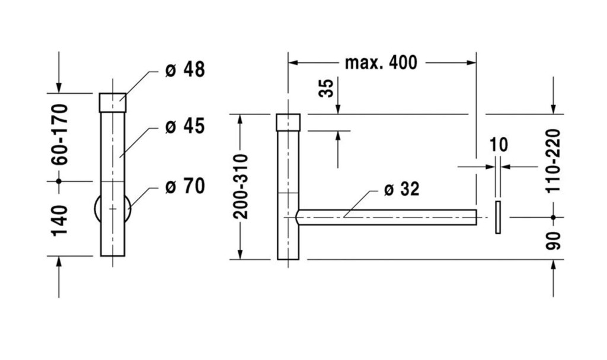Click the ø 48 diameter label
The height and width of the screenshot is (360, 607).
click(x=185, y=70)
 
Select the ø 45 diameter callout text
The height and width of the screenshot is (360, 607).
click(x=185, y=126)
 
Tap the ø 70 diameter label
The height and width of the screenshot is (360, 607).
click(x=185, y=186)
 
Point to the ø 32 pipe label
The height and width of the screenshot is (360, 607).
click(x=401, y=189)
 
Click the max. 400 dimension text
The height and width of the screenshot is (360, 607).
click(x=381, y=63)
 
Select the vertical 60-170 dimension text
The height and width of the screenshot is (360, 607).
click(x=60, y=135)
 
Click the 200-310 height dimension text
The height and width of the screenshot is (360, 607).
click(x=240, y=186)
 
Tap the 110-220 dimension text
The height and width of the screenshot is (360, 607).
click(x=553, y=161)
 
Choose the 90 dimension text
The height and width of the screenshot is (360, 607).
click(x=553, y=241)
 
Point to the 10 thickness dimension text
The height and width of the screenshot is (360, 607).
click(x=499, y=145)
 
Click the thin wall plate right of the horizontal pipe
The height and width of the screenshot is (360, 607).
click(x=498, y=218)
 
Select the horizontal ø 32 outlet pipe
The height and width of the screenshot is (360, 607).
click(x=386, y=218)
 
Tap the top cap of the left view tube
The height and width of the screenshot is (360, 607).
click(x=113, y=103)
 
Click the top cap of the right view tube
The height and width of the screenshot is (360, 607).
click(x=288, y=122)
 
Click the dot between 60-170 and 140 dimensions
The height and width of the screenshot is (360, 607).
click(x=59, y=181)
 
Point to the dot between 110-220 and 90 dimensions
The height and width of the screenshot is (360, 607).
click(x=553, y=218)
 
